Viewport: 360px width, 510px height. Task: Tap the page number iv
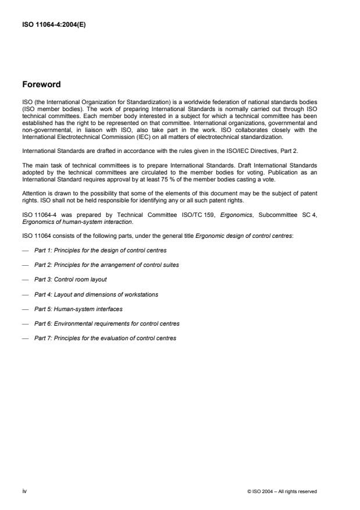point(24,491)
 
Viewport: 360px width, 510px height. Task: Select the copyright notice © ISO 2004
point(282,492)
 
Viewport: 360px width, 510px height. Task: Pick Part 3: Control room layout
point(70,280)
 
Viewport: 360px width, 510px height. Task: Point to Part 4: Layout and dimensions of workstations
point(96,294)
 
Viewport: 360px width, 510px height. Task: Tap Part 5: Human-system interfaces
point(79,309)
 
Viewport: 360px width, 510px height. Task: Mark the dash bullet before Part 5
point(26,309)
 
